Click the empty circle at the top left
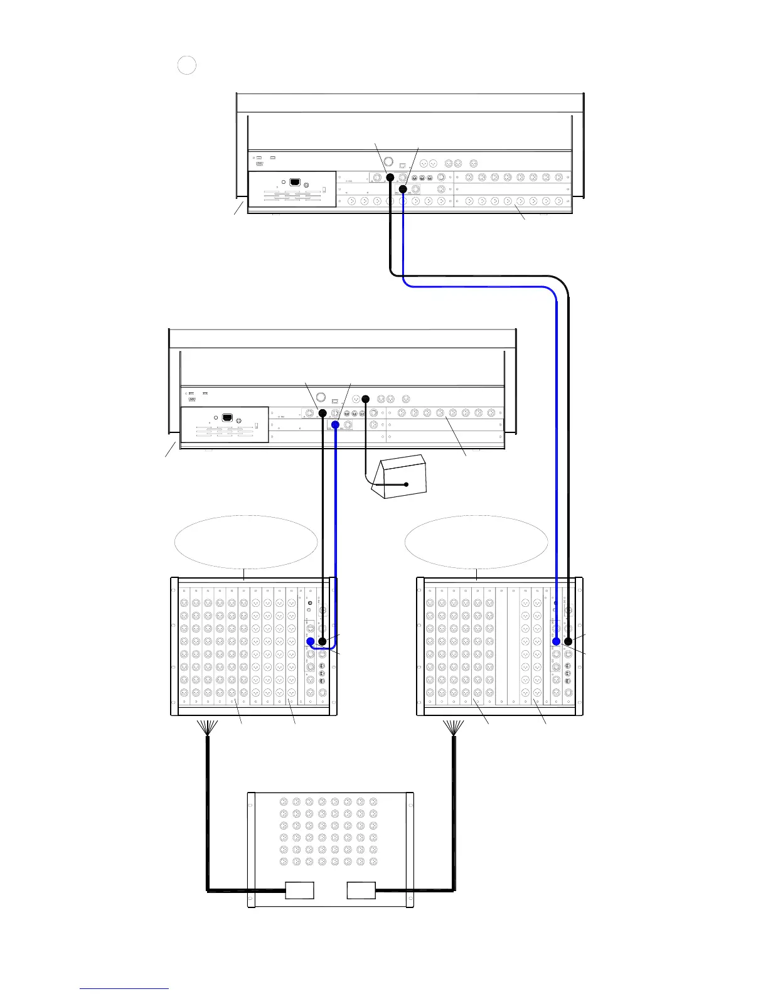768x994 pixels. [x=187, y=65]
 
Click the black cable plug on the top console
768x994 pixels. [x=390, y=178]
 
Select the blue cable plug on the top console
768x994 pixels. [x=403, y=189]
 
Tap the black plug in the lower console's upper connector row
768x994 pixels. [x=323, y=414]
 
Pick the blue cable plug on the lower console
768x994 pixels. [x=336, y=425]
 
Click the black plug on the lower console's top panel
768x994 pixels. [x=366, y=398]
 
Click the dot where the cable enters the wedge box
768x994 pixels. [x=407, y=484]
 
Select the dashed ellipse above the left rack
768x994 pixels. [x=245, y=542]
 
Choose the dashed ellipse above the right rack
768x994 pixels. [x=477, y=542]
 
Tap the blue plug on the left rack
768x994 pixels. [x=310, y=641]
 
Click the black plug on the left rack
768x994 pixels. [x=323, y=641]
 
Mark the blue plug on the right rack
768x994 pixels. [x=557, y=641]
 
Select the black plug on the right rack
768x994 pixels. [x=568, y=641]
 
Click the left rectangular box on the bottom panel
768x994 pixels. [x=299, y=890]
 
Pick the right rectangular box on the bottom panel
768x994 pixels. [x=361, y=890]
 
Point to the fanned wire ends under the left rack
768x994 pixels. [x=208, y=728]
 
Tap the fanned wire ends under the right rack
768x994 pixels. [x=454, y=728]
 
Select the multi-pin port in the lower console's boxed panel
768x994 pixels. [x=228, y=417]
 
